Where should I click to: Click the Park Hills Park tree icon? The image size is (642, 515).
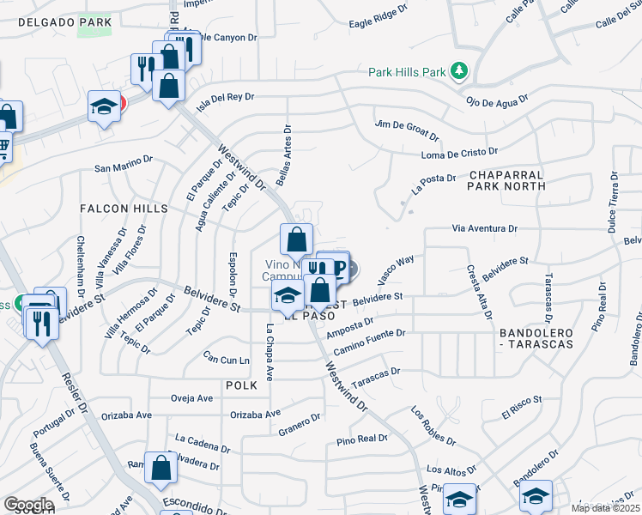pyautogui.click(x=460, y=70)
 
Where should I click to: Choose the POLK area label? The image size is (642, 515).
pyautogui.click(x=242, y=386)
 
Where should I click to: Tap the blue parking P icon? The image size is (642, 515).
pyautogui.click(x=339, y=269)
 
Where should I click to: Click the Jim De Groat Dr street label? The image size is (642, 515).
pyautogui.click(x=408, y=130)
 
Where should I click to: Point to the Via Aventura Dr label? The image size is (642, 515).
pyautogui.click(x=485, y=229)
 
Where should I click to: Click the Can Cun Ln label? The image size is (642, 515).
pyautogui.click(x=227, y=356)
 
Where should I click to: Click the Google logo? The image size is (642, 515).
pyautogui.click(x=28, y=505)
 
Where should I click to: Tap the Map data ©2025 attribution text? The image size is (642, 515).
pyautogui.click(x=604, y=508)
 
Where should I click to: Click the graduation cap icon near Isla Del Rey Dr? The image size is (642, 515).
pyautogui.click(x=104, y=108)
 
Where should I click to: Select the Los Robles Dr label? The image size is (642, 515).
pyautogui.click(x=433, y=426)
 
